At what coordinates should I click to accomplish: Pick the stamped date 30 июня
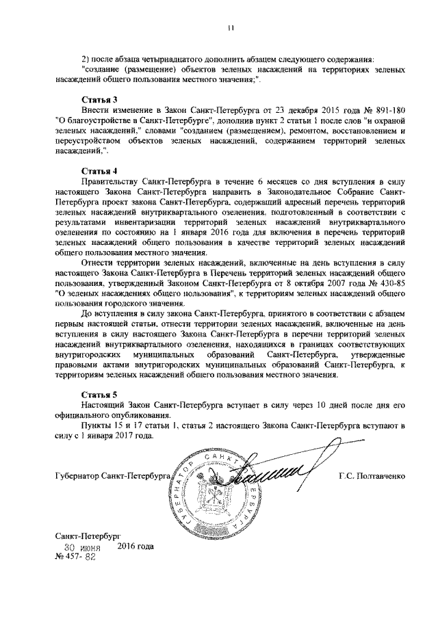pyautogui.click(x=82, y=547)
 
